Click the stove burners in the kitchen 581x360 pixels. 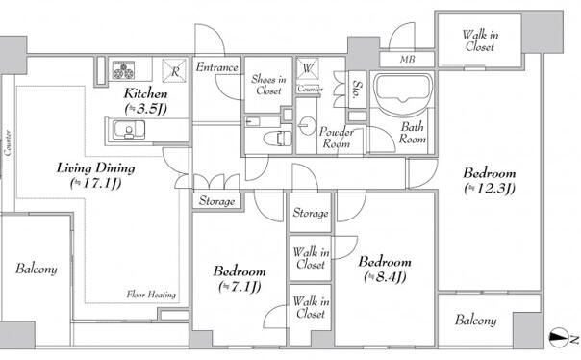[x=123, y=69]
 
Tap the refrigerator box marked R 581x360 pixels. [x=174, y=70]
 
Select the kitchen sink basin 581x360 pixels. [x=129, y=130]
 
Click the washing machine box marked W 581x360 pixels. [x=308, y=69]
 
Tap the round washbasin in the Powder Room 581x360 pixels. [x=307, y=125]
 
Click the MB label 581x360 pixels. [x=407, y=59]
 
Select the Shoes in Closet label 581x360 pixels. [x=268, y=85]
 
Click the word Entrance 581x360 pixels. [x=217, y=67]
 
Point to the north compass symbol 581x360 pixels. [x=560, y=338]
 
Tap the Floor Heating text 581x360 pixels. [x=151, y=295]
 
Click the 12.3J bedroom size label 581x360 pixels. [x=490, y=189]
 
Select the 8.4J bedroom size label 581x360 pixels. [x=385, y=277]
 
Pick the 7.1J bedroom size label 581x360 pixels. [x=240, y=286]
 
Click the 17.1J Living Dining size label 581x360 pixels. [x=96, y=183]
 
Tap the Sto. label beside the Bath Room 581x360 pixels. [x=358, y=90]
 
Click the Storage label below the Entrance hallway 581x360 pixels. [x=216, y=201]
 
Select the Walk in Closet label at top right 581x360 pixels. [x=480, y=40]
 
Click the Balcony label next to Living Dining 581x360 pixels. [x=37, y=270]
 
